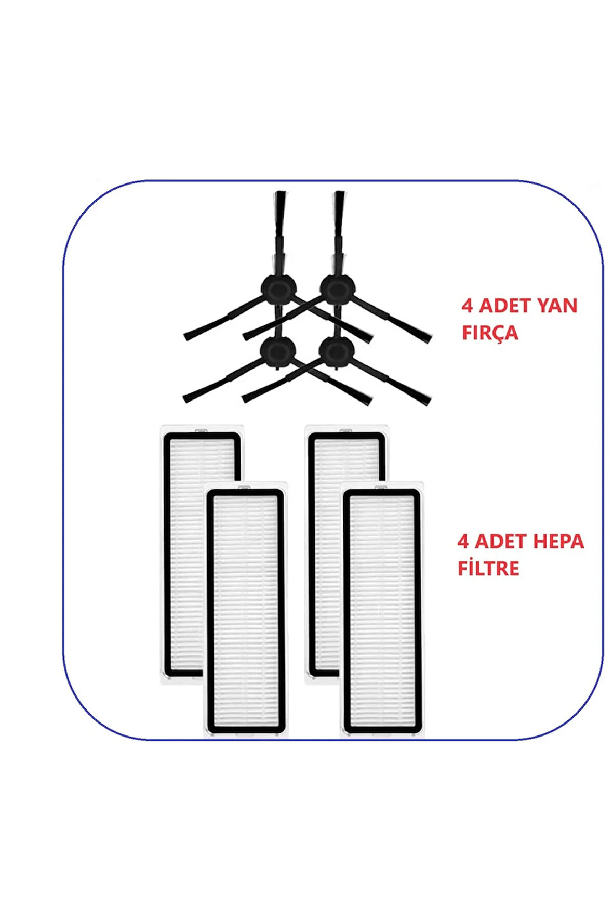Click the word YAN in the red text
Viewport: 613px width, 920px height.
556,305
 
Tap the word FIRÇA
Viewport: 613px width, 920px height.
490,332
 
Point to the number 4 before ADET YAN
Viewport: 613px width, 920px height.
467,305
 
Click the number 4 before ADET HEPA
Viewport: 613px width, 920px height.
463,542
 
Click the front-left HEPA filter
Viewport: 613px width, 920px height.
246,611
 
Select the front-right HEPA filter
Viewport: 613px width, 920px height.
382,611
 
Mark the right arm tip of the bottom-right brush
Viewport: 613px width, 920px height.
423,400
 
